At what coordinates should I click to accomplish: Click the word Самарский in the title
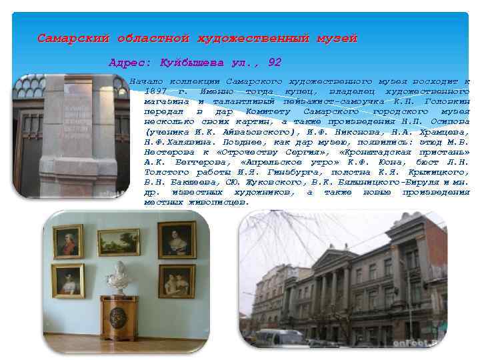click(73, 39)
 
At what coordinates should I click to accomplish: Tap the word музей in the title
click(336, 39)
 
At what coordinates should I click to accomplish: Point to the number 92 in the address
click(274, 63)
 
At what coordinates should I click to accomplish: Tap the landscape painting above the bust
click(119, 241)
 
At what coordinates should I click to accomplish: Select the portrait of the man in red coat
click(68, 241)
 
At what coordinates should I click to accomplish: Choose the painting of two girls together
click(176, 281)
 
